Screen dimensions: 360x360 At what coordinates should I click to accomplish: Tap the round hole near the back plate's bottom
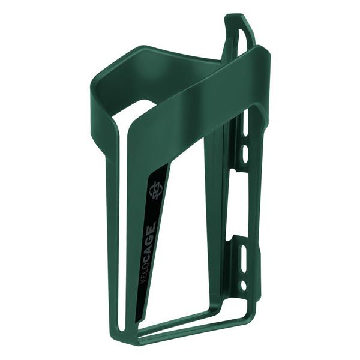click(244, 287)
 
